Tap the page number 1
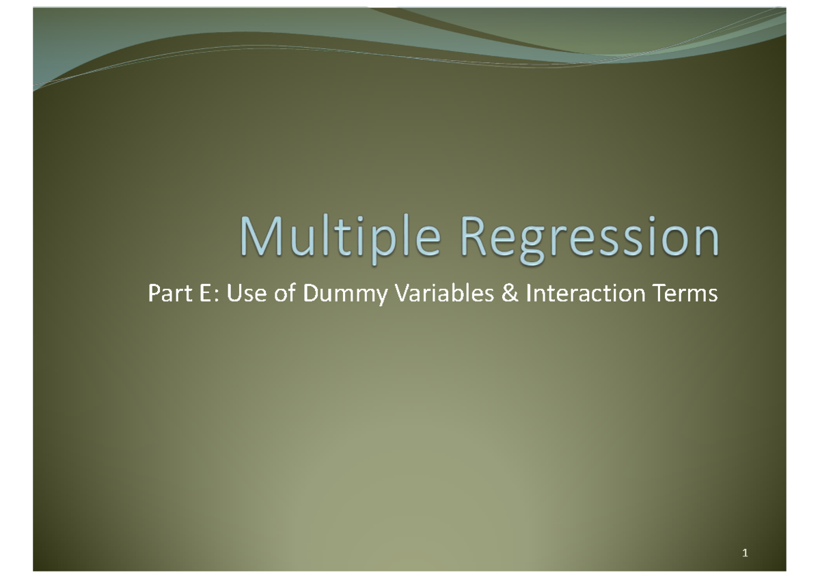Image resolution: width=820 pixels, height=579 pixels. click(745, 552)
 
